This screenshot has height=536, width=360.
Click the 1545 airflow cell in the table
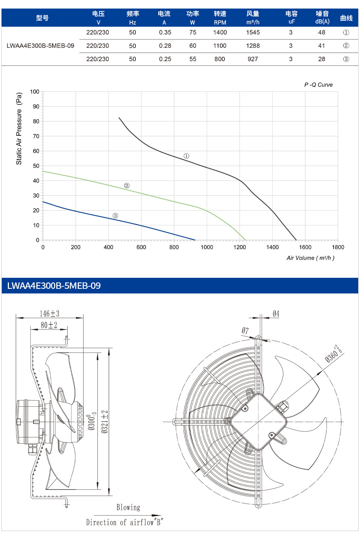tap(253, 32)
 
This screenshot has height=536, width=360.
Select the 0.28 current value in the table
tap(165, 46)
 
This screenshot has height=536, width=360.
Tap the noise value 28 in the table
tap(322, 59)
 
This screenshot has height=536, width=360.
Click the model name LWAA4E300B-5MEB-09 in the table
tap(40, 46)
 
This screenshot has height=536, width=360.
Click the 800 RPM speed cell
tap(220, 59)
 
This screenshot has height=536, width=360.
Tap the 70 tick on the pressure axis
tap(36, 136)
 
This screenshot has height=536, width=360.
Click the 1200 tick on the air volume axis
tap(240, 247)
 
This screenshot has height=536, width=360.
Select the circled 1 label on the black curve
tap(186, 156)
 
